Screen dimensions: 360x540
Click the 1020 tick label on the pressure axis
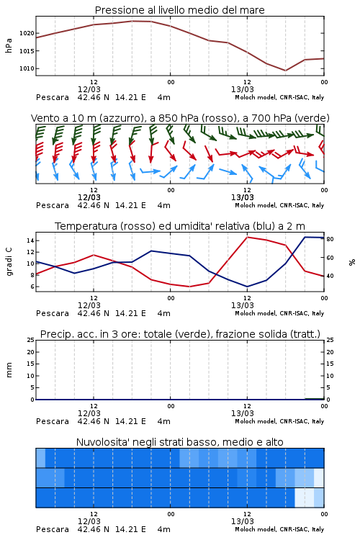coord(27,33)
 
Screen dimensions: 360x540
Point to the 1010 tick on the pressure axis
coord(27,68)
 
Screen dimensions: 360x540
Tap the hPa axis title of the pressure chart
coord(9,45)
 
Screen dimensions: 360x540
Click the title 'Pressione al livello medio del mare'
coord(180,10)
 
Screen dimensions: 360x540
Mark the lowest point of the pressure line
coord(285,71)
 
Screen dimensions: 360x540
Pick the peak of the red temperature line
coord(248,237)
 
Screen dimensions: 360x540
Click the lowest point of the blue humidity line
coord(248,287)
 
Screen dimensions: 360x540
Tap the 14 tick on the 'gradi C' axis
coord(30,240)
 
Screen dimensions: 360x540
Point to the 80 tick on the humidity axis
coord(330,239)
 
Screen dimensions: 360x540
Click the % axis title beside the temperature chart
coord(352,262)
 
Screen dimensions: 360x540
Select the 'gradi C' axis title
coord(9,262)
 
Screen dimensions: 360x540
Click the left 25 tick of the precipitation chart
coord(30,340)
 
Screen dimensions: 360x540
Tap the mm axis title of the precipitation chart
coord(9,370)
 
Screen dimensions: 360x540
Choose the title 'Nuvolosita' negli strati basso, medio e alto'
coord(180,442)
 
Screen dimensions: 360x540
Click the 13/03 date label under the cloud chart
coord(243,521)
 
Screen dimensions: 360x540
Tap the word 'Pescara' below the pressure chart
coord(53,97)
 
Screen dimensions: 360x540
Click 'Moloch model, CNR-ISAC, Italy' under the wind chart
coord(279,205)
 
